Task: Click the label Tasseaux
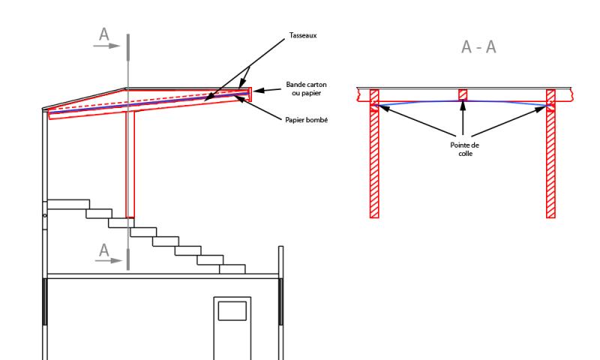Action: pos(303,35)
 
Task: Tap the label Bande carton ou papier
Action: pos(306,88)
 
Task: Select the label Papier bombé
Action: pos(307,120)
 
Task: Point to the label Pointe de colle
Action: pos(464,149)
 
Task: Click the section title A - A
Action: pos(478,47)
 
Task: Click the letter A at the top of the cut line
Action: pos(103,34)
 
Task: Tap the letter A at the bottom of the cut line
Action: pos(103,250)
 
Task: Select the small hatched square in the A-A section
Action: pos(463,95)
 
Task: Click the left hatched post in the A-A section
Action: pos(374,154)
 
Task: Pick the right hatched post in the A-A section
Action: pos(550,154)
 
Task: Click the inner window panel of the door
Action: pos(232,310)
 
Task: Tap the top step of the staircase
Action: pos(68,204)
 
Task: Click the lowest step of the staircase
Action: pos(232,269)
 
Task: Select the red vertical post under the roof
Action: pos(130,165)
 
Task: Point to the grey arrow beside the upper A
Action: pos(106,46)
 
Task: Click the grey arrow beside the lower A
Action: pos(109,260)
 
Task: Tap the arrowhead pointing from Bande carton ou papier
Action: pos(258,91)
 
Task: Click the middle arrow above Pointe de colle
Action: pos(463,118)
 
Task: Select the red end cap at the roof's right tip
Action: pos(250,94)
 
